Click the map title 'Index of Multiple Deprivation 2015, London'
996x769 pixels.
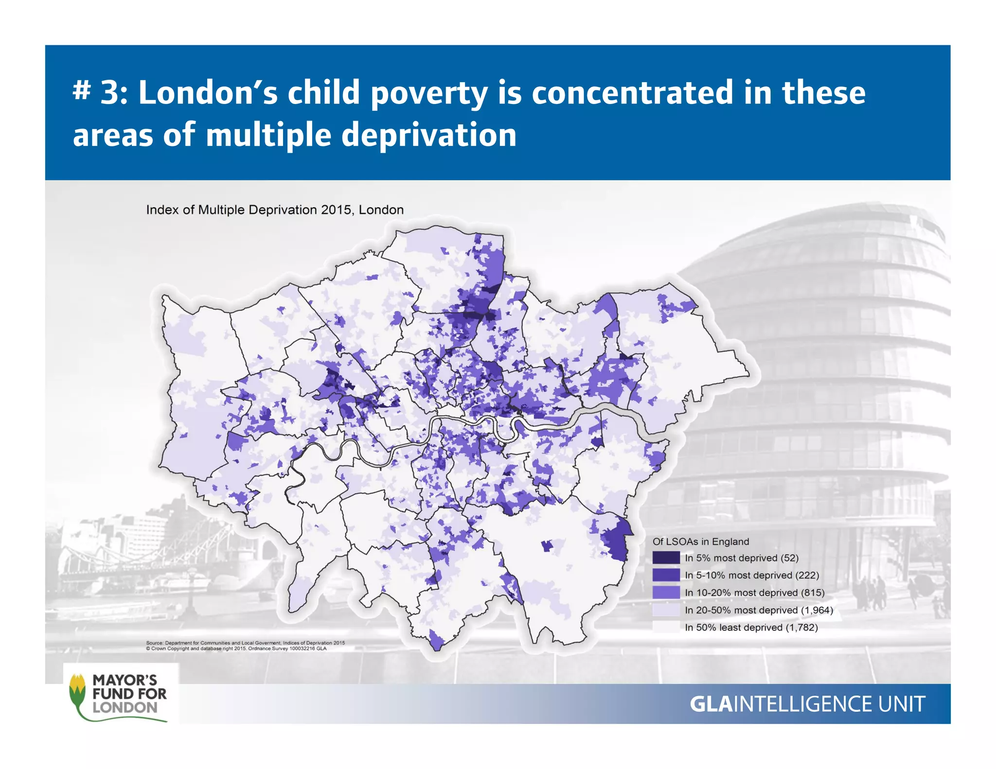pyautogui.click(x=275, y=210)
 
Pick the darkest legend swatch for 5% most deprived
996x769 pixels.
pyautogui.click(x=666, y=558)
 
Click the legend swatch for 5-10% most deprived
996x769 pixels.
pyautogui.click(x=666, y=575)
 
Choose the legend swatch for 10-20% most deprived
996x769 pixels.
pyautogui.click(x=666, y=593)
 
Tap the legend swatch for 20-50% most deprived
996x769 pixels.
pyautogui.click(x=666, y=610)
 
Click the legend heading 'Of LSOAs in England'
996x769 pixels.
pyautogui.click(x=700, y=542)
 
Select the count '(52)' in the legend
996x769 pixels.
pyautogui.click(x=789, y=558)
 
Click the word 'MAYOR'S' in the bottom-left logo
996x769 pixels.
pyautogui.click(x=125, y=680)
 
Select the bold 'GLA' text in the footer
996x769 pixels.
pyautogui.click(x=711, y=704)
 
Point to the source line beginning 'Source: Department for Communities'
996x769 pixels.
pyautogui.click(x=245, y=643)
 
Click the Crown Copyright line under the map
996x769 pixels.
pyautogui.click(x=236, y=648)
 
